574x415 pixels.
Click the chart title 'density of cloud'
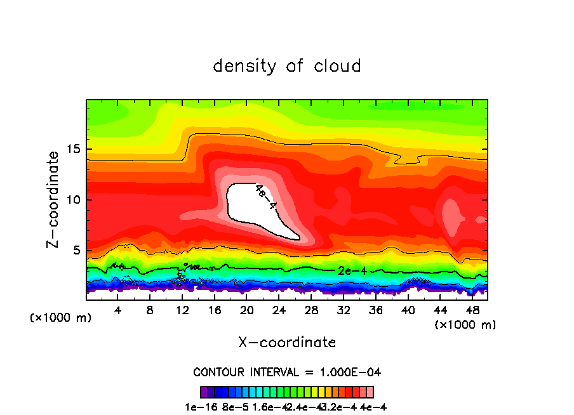287,66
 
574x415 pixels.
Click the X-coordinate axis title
287,343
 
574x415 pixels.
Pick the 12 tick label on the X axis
182,310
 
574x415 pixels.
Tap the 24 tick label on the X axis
279,310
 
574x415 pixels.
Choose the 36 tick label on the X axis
375,310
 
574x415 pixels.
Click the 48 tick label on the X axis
472,310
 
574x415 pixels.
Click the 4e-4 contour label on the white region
266,197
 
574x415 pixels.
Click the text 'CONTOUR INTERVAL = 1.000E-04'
287,372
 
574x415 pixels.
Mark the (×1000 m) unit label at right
465,325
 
